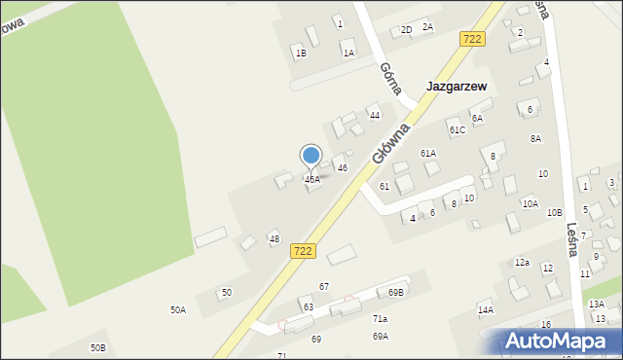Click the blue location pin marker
click(x=311, y=157)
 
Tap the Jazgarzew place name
click(x=457, y=86)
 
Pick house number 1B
click(x=301, y=53)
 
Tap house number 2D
click(x=406, y=30)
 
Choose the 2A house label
click(x=427, y=26)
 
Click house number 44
click(x=374, y=115)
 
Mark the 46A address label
click(x=312, y=180)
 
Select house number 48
click(x=275, y=238)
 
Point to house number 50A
click(x=178, y=309)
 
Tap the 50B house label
click(x=97, y=347)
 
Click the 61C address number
click(x=457, y=129)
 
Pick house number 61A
click(x=428, y=153)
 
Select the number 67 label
click(x=324, y=286)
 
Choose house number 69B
click(x=396, y=292)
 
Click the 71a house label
click(x=380, y=318)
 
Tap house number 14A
click(x=485, y=309)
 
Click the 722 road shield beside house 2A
click(x=472, y=39)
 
